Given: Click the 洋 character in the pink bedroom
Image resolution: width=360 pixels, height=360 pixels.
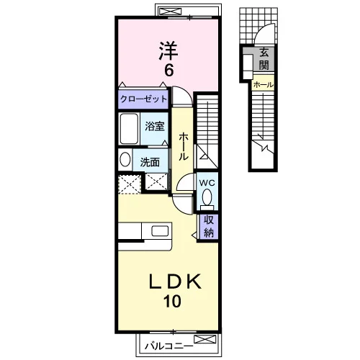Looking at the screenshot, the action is click(168, 50).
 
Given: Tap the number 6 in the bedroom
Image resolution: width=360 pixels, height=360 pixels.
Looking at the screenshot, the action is click(168, 70).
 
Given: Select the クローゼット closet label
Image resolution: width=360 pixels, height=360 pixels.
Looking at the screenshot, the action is click(143, 99).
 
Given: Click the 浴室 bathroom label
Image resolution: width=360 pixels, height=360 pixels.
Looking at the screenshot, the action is click(155, 126).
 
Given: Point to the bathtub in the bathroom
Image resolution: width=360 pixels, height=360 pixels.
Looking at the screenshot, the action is click(129, 129).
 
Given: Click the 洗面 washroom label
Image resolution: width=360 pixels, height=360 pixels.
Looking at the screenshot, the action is click(150, 162).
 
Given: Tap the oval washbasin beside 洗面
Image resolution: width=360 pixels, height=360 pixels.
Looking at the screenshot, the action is click(125, 159).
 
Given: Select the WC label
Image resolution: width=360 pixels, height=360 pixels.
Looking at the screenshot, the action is click(207, 183).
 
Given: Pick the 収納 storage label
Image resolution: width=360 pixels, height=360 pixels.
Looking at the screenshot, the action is click(209, 226).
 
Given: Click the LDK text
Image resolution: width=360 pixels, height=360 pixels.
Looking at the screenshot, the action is click(175, 282).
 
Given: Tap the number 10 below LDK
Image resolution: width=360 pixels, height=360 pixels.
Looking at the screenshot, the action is click(172, 302).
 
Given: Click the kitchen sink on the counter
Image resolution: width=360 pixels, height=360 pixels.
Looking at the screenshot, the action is click(160, 231).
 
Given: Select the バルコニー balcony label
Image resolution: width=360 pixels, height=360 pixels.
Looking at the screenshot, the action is click(169, 346).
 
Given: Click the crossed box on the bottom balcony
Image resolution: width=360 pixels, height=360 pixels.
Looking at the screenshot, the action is click(205, 339).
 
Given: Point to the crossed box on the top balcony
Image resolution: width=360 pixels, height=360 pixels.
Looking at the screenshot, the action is click(170, 12).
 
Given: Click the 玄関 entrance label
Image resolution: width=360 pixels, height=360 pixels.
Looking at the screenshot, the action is click(264, 59).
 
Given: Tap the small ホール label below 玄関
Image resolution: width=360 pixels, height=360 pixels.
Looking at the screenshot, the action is click(264, 85).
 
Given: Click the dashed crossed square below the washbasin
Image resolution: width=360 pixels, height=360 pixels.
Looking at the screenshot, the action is click(130, 184).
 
